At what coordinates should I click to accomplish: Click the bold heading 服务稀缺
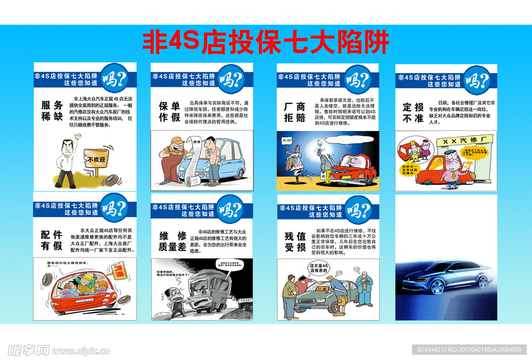(52, 111)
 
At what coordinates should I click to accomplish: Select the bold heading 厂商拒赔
(295, 112)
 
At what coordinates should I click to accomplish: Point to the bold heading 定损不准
(414, 113)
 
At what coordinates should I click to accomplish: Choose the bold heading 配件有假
(52, 240)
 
